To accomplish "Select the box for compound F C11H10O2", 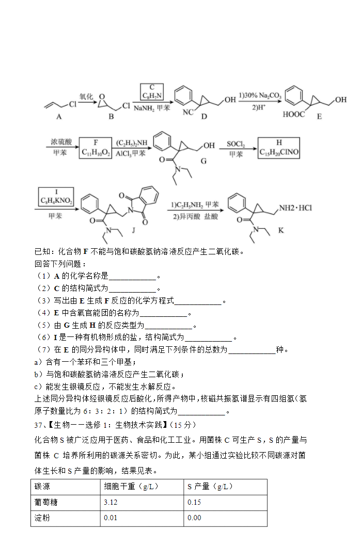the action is [96, 148].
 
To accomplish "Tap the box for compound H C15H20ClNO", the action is [279, 148].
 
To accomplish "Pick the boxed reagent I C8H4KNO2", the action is [56, 197].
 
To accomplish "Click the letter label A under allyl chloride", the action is [59, 117].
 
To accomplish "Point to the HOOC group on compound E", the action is [294, 115].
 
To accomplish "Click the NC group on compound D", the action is [188, 112].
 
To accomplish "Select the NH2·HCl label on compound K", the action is [295, 208].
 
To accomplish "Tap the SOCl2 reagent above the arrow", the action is [236, 144].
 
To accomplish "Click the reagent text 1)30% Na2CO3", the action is [260, 95].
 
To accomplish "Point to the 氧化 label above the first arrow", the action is [86, 96].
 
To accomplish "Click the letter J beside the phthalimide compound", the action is [133, 230].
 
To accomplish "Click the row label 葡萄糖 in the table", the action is [46, 502].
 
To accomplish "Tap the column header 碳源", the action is [42, 486].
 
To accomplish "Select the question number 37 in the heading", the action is [38, 425].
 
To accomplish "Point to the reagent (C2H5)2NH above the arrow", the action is [132, 143].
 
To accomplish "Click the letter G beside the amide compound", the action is [204, 161].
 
